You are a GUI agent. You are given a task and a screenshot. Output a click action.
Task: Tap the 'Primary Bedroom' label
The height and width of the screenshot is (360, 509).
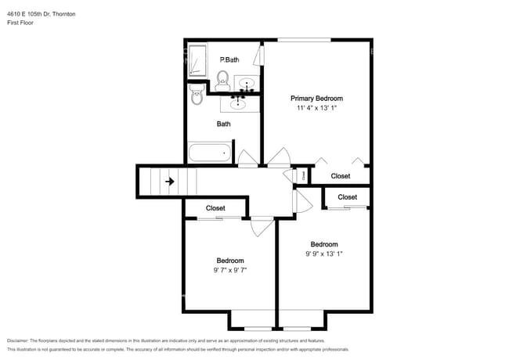(x=317, y=98)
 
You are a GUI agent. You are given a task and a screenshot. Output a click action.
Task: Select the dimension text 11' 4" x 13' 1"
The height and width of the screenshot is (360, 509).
(x=317, y=108)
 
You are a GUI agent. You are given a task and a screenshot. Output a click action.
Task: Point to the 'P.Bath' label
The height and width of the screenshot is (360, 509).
(x=229, y=59)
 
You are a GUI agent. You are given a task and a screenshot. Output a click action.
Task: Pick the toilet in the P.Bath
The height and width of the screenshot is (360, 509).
(x=222, y=77)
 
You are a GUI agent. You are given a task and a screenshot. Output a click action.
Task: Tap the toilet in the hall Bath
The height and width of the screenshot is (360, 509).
(x=197, y=96)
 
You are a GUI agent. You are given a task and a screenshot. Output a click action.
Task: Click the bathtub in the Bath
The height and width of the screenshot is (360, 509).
(x=209, y=152)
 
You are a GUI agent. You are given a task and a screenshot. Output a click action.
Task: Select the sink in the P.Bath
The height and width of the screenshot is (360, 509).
(x=247, y=83)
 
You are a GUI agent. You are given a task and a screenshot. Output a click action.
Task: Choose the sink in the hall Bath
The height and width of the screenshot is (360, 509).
(x=238, y=103)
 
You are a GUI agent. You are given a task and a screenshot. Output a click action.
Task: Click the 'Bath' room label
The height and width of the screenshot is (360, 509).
(x=224, y=124)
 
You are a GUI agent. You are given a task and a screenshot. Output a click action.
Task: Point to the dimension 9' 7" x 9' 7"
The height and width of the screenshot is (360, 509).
(x=230, y=270)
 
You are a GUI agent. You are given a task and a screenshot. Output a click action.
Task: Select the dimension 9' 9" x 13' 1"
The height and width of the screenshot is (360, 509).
(x=324, y=254)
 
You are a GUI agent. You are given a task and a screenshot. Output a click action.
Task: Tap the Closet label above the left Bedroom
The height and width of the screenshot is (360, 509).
(x=215, y=208)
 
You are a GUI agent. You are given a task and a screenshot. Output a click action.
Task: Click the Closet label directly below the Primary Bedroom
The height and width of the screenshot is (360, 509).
(x=341, y=176)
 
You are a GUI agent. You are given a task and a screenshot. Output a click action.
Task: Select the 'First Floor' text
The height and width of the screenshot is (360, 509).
(x=20, y=23)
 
